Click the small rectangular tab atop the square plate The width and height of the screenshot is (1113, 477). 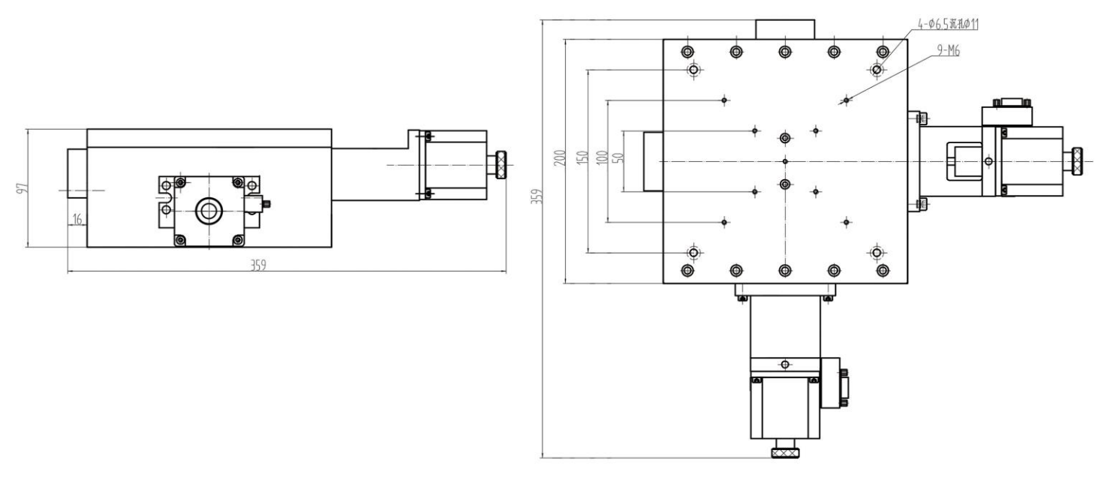point(784,29)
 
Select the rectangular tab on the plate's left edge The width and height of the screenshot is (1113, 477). point(653,161)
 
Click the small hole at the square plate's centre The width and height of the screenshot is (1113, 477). point(785,161)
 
